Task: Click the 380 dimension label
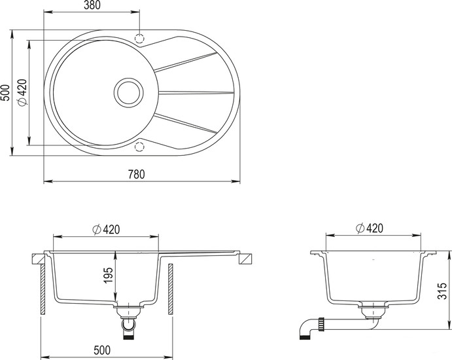pyautogui.click(x=92, y=5)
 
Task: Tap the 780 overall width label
pyautogui.click(x=136, y=174)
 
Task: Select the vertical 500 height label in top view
pyautogui.click(x=5, y=92)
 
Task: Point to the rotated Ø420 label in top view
pyautogui.click(x=22, y=92)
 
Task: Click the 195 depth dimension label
pyautogui.click(x=109, y=275)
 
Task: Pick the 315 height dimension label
pyautogui.click(x=442, y=291)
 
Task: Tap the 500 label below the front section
pyautogui.click(x=102, y=350)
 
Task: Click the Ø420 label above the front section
pyautogui.click(x=106, y=229)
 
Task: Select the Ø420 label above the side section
pyautogui.click(x=370, y=228)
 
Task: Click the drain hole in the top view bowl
pyautogui.click(x=129, y=92)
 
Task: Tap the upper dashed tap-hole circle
pyautogui.click(x=139, y=38)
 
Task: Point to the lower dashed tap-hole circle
pyautogui.click(x=139, y=147)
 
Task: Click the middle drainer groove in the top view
pyautogui.click(x=196, y=92)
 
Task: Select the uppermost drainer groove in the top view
pyautogui.click(x=186, y=62)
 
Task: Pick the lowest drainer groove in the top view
pyautogui.click(x=186, y=124)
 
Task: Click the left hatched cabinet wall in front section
pyautogui.click(x=43, y=289)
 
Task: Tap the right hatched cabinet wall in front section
pyautogui.click(x=170, y=289)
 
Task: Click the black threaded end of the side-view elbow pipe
pyautogui.click(x=304, y=337)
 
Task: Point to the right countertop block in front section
pyautogui.click(x=245, y=259)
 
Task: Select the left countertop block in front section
pyautogui.click(x=38, y=259)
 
